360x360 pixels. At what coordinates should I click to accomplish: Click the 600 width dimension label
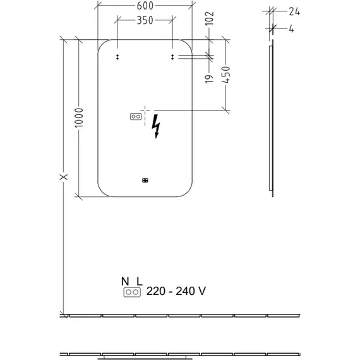pos(145,6)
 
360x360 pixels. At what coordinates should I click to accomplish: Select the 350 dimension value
pos(145,20)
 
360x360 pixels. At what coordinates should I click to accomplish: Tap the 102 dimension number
pos(210,18)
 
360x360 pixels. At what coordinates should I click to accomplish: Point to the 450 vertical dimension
pos(225,75)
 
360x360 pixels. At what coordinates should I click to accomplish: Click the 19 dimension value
pos(209,79)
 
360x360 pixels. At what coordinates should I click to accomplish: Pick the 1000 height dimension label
pos(79,117)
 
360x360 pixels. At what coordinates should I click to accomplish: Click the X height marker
pos(64,177)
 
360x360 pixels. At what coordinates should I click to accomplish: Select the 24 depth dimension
pos(294,11)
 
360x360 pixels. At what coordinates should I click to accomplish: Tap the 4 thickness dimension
pos(291,29)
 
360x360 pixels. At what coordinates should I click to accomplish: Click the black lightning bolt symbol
pos(156,126)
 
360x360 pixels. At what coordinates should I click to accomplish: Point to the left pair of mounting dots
pos(117,57)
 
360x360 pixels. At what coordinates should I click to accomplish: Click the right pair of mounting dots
pos(172,57)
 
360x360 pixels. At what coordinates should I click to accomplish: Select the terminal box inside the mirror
pos(136,117)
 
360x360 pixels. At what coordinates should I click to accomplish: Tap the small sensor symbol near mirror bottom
pos(145,181)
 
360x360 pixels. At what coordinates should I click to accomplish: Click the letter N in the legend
pos(125,282)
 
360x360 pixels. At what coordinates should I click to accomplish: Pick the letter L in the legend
pos(140,282)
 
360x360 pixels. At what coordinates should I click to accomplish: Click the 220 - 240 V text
pos(176,291)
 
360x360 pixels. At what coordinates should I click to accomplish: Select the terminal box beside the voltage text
pos(132,292)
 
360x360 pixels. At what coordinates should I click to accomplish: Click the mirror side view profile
pos(272,118)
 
